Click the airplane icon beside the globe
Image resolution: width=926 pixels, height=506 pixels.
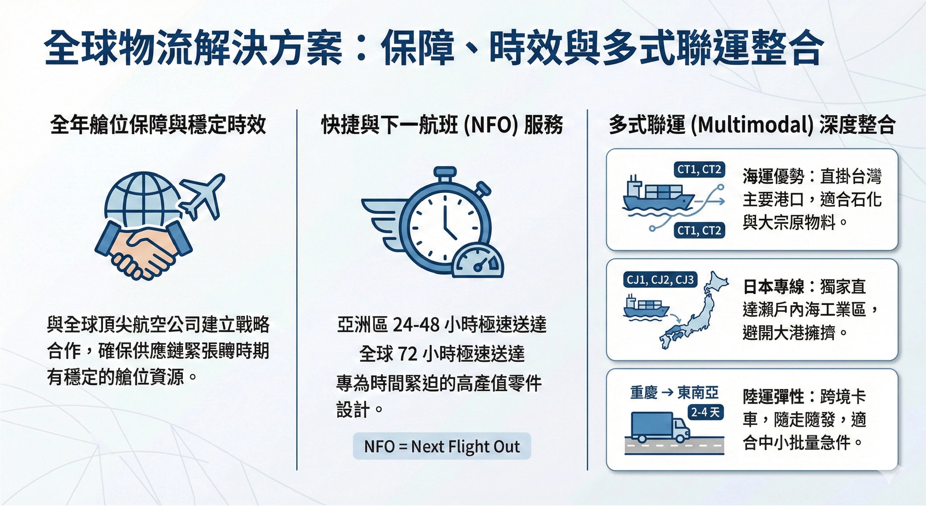tap(202, 196)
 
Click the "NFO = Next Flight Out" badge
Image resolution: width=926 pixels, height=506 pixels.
tap(442, 446)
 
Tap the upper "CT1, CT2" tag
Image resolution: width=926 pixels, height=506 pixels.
tap(699, 170)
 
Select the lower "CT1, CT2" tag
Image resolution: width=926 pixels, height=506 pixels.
tap(699, 230)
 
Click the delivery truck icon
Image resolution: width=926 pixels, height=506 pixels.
tap(661, 428)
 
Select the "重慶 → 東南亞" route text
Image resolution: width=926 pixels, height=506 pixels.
tap(674, 393)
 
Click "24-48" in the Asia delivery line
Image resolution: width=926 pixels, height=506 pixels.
tap(416, 325)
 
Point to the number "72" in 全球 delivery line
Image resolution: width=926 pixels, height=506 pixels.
tap(407, 354)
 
